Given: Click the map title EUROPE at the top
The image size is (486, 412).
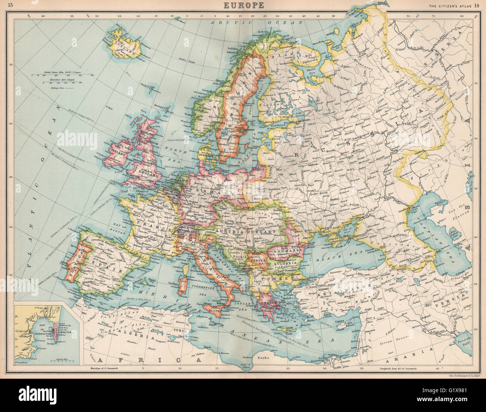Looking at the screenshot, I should [x=243, y=5].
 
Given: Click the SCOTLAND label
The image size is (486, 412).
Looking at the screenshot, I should [x=147, y=134].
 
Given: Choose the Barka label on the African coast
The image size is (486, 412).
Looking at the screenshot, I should [x=264, y=357].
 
